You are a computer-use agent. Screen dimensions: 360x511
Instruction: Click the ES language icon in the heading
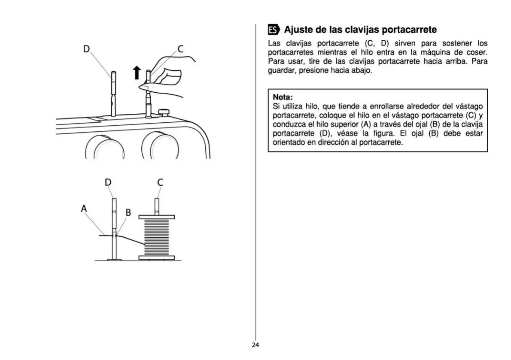point(274,30)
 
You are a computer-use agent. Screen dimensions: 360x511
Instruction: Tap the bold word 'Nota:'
point(283,97)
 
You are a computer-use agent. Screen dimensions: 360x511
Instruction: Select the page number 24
point(255,345)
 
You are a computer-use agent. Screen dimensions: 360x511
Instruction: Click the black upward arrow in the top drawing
point(137,73)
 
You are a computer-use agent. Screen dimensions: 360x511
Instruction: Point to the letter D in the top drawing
point(86,49)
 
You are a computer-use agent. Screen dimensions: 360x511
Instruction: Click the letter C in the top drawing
point(180,49)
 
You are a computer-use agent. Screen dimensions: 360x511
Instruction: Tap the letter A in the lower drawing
point(84,209)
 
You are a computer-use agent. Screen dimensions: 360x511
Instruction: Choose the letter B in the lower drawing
point(128,212)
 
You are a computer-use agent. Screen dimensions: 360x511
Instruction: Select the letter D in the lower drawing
point(108,182)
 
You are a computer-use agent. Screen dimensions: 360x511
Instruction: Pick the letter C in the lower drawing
point(160,182)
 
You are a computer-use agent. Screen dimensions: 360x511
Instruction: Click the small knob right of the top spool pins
point(164,112)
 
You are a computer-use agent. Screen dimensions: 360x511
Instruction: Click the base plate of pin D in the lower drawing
point(114,259)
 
